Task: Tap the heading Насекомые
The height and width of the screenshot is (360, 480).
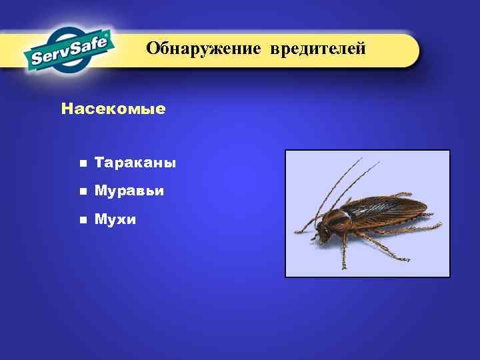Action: (113, 108)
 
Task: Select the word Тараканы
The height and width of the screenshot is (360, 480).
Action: (135, 163)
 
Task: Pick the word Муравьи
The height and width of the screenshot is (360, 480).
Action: (129, 191)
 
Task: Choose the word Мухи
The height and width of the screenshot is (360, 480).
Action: (115, 219)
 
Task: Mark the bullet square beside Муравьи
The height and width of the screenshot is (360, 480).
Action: (82, 191)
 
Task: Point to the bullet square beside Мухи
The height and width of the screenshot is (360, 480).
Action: (82, 219)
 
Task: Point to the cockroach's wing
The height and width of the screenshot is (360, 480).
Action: (390, 208)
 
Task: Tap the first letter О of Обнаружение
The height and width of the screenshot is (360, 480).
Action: (153, 49)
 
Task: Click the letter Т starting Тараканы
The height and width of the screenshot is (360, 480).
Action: (99, 163)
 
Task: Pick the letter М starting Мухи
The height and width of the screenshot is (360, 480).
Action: (101, 219)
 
